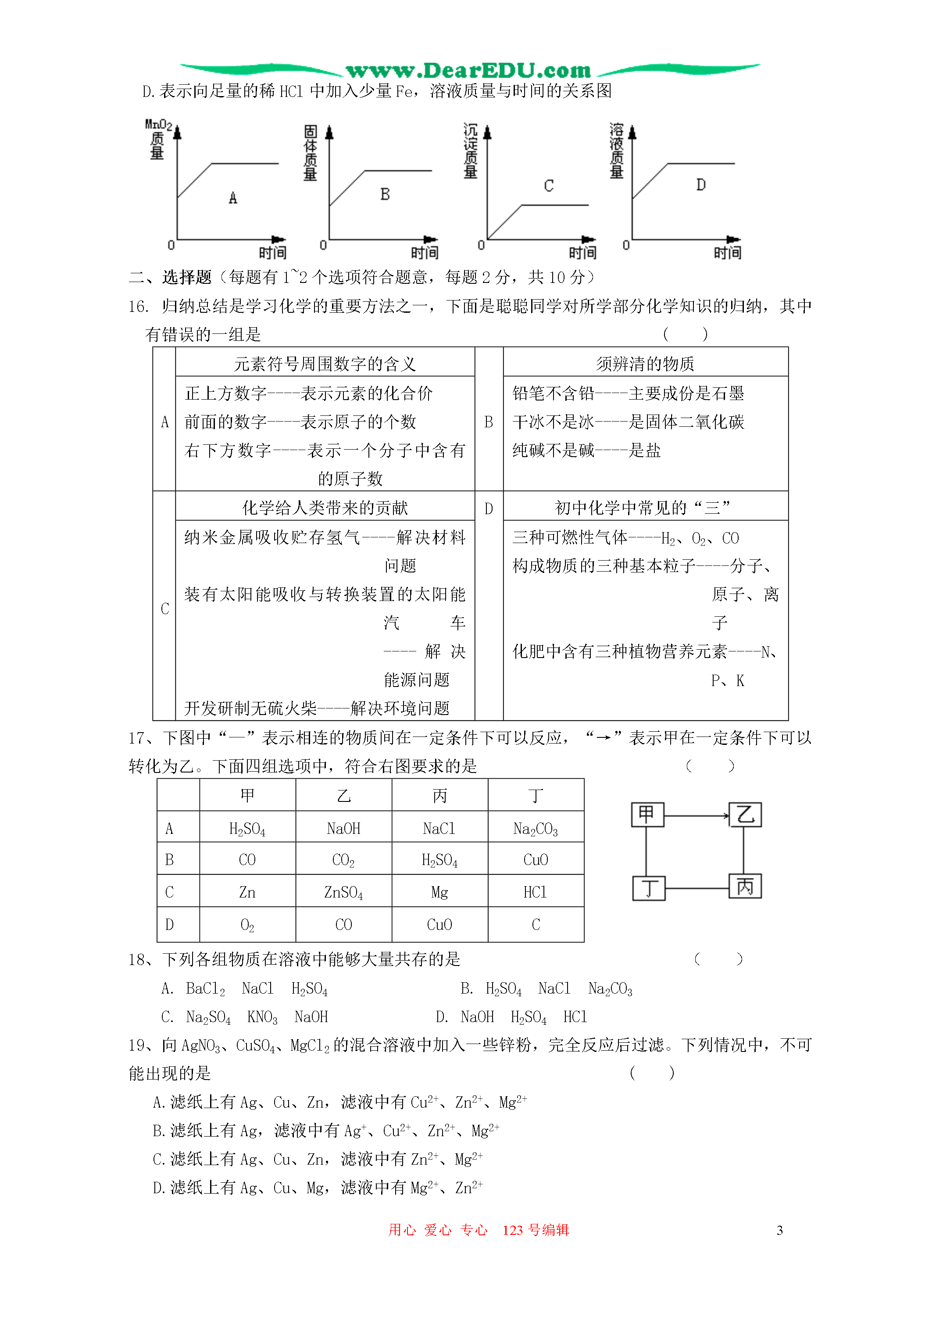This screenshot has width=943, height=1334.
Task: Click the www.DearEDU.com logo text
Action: click(x=468, y=71)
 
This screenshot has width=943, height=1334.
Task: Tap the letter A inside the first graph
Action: click(x=233, y=198)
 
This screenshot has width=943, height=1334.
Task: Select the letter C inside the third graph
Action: click(x=549, y=186)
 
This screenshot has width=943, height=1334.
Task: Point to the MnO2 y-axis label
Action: click(x=158, y=124)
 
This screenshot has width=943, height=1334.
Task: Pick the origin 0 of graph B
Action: click(x=323, y=245)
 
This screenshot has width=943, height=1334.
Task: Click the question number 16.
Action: click(x=138, y=306)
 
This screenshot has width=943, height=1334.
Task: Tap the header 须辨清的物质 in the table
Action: click(x=645, y=364)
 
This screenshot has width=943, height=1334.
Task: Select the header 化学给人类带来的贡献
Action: click(x=325, y=508)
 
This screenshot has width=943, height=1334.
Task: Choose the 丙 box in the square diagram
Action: click(x=745, y=887)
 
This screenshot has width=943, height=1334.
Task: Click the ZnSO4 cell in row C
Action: click(x=343, y=892)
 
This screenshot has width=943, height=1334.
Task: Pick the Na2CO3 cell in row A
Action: click(x=535, y=829)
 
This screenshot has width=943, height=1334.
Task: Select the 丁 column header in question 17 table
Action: click(x=535, y=795)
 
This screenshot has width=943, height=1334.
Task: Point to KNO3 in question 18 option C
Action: click(x=262, y=1017)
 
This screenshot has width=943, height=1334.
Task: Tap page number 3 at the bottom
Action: click(x=780, y=1230)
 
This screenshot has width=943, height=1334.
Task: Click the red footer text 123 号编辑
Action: click(x=536, y=1230)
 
